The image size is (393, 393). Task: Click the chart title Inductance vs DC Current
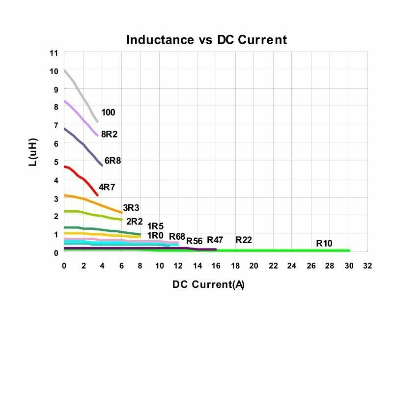(206, 40)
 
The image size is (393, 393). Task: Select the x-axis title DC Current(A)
(208, 284)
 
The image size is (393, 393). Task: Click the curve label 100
(108, 112)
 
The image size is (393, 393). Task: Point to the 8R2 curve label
(109, 134)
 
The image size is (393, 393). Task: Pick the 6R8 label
(112, 161)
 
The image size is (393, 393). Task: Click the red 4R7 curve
(84, 180)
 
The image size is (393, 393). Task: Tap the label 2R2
(134, 221)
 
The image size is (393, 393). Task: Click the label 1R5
(155, 226)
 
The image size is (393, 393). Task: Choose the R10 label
(324, 243)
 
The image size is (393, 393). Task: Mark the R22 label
(244, 240)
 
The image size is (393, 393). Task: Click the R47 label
(215, 240)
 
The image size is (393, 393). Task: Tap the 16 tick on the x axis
(216, 266)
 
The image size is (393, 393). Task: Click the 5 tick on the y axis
(56, 162)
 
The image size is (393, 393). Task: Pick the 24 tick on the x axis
(292, 266)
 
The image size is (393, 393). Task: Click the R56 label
(195, 241)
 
